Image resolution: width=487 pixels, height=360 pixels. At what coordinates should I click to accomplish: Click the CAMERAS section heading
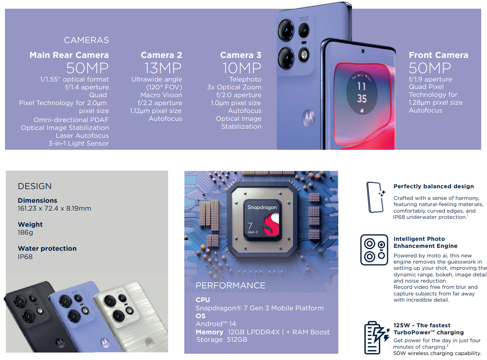click(86, 40)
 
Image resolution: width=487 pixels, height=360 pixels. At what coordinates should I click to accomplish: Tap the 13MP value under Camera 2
click(163, 68)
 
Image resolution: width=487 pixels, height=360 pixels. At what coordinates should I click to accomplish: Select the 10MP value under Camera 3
click(242, 68)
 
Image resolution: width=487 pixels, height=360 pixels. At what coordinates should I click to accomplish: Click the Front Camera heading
click(438, 55)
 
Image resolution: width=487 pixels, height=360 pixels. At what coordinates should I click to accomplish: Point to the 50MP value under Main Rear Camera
click(87, 68)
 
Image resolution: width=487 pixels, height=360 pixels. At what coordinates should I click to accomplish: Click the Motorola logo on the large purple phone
click(309, 118)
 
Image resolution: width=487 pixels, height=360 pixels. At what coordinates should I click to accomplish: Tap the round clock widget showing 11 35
click(362, 93)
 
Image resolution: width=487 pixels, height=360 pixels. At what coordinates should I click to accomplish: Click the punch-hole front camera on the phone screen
click(362, 51)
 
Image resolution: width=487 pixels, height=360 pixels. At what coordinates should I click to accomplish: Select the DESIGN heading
click(35, 186)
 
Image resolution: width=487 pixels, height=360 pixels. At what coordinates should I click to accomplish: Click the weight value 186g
click(26, 233)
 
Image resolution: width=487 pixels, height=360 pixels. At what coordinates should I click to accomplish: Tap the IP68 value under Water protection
click(25, 257)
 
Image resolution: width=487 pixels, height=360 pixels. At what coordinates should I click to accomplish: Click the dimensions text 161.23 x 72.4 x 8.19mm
click(54, 209)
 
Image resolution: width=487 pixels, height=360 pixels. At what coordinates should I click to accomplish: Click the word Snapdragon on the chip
click(262, 207)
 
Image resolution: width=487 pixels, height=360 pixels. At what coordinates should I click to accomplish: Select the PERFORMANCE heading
click(230, 286)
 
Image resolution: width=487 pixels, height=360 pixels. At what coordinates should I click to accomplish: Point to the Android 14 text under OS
click(216, 324)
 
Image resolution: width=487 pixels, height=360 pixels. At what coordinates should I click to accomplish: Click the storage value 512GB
click(237, 339)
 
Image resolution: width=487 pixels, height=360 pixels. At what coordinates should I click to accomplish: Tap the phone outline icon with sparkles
click(376, 197)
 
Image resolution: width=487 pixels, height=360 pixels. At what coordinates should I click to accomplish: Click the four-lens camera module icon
click(374, 250)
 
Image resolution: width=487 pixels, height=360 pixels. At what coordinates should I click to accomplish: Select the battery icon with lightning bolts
click(376, 338)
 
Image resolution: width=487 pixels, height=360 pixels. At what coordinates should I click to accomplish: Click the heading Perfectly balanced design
click(434, 186)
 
